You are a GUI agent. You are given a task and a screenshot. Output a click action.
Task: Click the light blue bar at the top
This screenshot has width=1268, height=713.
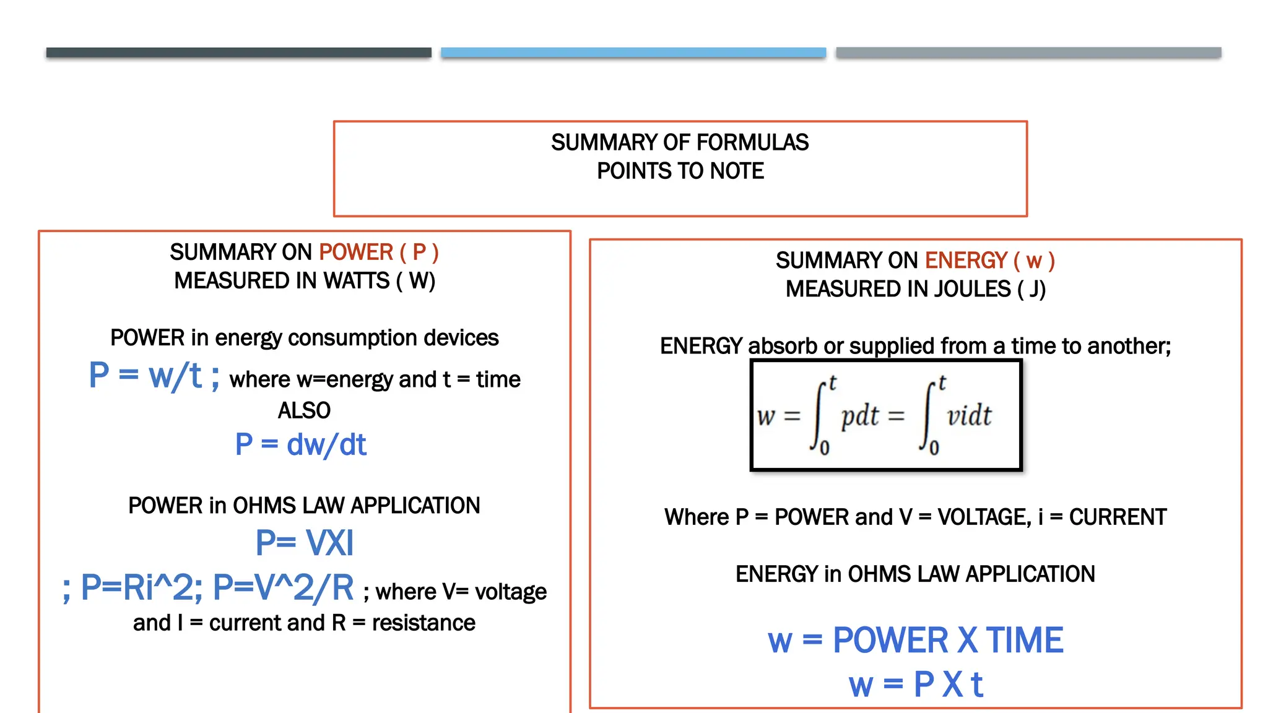click(x=633, y=53)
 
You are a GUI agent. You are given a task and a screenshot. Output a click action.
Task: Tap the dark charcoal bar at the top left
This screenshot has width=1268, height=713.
click(x=238, y=53)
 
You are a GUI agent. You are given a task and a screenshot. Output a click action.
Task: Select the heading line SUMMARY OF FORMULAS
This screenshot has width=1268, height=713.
click(x=680, y=142)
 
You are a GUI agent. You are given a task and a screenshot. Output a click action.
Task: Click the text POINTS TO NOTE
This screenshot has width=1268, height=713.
click(x=680, y=171)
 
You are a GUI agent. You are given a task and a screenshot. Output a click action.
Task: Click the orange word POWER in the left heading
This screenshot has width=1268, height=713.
click(x=356, y=253)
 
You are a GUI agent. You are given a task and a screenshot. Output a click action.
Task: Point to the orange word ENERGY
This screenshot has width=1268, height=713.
click(x=966, y=261)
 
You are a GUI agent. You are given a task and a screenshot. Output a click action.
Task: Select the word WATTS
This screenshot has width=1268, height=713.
click(x=357, y=281)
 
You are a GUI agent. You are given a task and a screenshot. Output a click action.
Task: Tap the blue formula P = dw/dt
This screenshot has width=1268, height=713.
click(x=301, y=445)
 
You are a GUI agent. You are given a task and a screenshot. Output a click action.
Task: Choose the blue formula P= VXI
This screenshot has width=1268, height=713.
click(x=304, y=543)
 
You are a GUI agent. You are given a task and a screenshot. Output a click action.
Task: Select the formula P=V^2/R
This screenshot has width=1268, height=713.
click(x=283, y=587)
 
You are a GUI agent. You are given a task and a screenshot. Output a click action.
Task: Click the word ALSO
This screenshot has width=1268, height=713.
click(x=304, y=410)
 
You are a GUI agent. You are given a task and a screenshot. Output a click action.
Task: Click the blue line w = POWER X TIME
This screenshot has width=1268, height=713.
click(x=915, y=640)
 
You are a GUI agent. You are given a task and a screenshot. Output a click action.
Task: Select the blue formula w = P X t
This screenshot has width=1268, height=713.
click(x=915, y=685)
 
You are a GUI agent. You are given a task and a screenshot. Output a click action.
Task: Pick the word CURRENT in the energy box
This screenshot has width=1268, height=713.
click(x=1118, y=517)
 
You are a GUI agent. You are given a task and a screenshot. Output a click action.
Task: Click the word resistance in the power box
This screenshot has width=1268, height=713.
click(x=423, y=623)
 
